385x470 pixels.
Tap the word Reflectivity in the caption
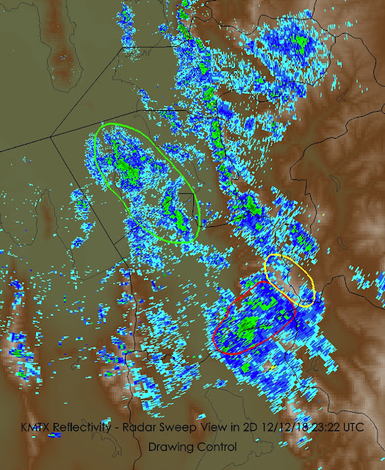pos(86,427)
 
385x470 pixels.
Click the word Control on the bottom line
pos(217,446)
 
